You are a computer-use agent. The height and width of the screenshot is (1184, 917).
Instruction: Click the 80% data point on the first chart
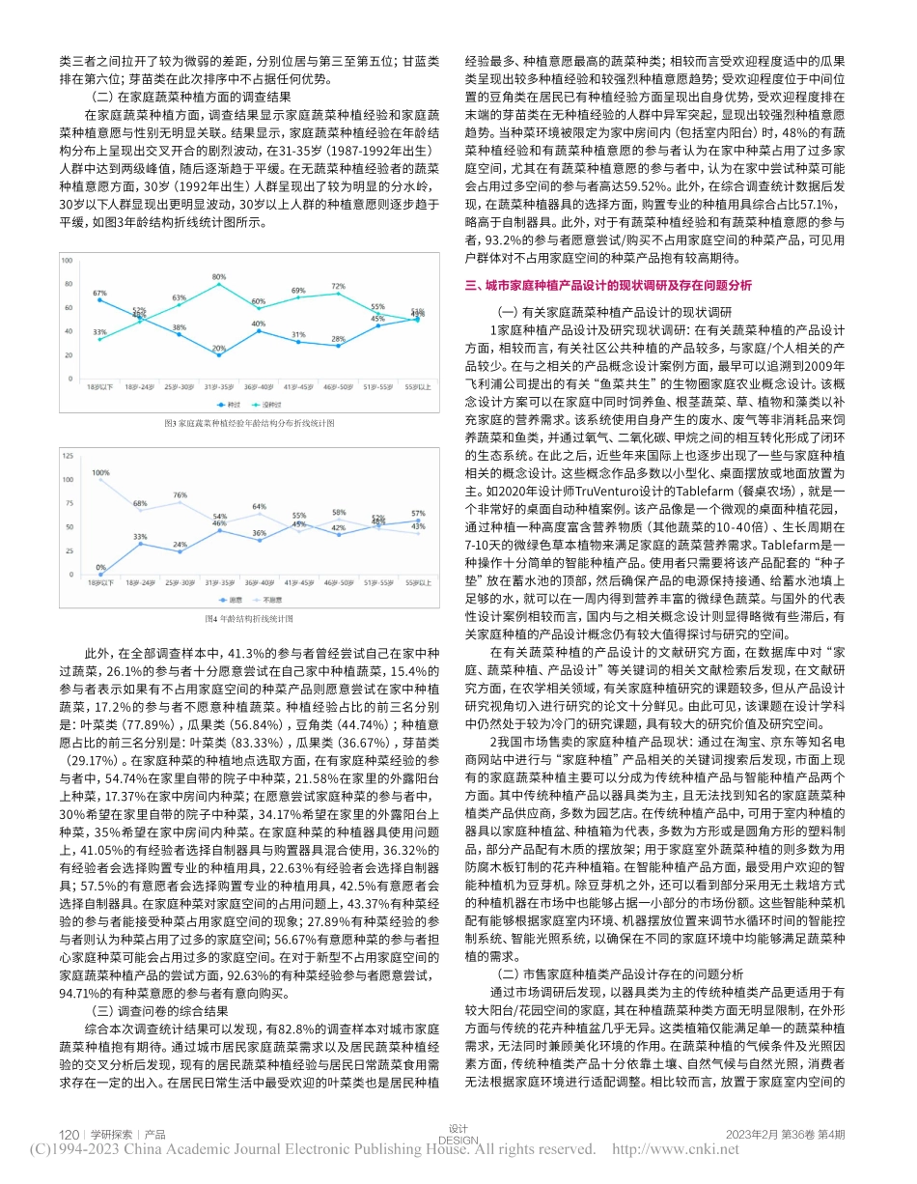(x=219, y=284)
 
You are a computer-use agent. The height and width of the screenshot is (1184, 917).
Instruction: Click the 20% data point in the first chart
(x=219, y=354)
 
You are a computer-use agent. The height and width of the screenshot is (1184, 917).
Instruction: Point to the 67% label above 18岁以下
(x=99, y=293)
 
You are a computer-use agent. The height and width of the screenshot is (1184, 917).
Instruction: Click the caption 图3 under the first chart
(x=249, y=423)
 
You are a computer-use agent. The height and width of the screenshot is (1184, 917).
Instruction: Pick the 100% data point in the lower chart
(x=100, y=480)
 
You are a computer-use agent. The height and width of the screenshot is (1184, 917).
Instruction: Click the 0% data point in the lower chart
(x=100, y=574)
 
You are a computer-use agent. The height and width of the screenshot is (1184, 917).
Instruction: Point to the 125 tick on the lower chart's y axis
(x=68, y=454)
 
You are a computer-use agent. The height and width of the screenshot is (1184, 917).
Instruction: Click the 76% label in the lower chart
(x=180, y=494)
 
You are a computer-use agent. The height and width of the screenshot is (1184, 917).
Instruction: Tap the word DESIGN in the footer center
(x=458, y=1140)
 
